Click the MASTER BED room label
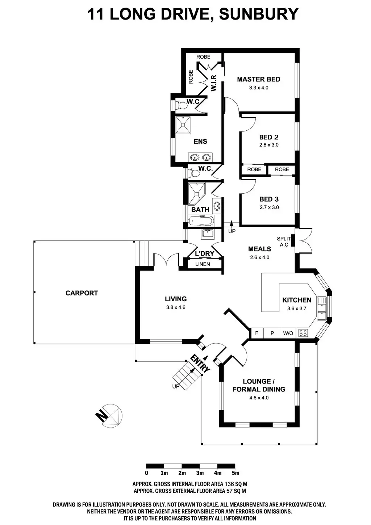pos(258,79)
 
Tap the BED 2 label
pos(268,137)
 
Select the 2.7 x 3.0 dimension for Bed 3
pos(269,207)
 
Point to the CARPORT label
pos(82,293)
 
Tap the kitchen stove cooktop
pos(303,333)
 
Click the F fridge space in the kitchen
pos(257,333)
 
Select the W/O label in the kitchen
pos(288,333)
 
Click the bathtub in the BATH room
pos(201,220)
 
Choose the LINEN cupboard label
pos(203,264)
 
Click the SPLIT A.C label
pos(284,241)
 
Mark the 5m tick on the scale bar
pos(235,473)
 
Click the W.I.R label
pos(214,83)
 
